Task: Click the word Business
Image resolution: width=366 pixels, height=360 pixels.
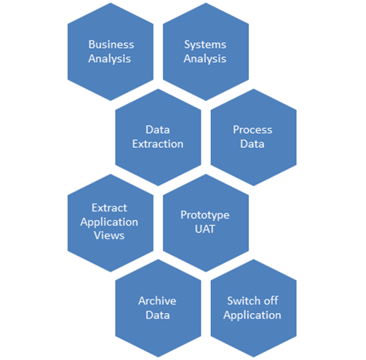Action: point(111,45)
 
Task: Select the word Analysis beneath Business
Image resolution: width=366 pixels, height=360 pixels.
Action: point(110,59)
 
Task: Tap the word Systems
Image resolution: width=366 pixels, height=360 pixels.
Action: point(205,45)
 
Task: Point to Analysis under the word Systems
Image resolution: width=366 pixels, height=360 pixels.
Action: point(205,59)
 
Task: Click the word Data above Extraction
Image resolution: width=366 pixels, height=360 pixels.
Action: point(158,130)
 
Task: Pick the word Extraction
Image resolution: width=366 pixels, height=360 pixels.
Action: point(158,144)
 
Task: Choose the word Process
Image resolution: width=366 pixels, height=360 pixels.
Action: point(253,130)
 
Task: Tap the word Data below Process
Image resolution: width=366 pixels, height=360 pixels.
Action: point(252,144)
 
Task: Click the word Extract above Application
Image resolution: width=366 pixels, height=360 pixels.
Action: point(109,207)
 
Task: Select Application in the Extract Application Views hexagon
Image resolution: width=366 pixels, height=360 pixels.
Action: point(109,223)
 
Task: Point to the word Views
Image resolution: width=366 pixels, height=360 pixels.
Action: point(109,235)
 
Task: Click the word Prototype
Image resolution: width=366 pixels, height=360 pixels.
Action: point(205,215)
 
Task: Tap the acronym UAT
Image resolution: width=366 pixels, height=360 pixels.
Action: point(205,229)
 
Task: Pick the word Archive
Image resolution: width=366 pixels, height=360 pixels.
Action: point(158,301)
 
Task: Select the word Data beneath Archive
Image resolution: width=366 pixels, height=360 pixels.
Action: point(158,315)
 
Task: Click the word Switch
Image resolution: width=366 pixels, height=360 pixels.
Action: point(243,300)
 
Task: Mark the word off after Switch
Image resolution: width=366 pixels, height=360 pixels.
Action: point(271,300)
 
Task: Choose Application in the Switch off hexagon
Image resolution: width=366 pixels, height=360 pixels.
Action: point(252,315)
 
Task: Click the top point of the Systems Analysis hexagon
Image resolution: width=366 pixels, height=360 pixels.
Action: point(206,2)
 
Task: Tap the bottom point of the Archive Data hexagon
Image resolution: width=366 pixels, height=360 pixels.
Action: point(158,358)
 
